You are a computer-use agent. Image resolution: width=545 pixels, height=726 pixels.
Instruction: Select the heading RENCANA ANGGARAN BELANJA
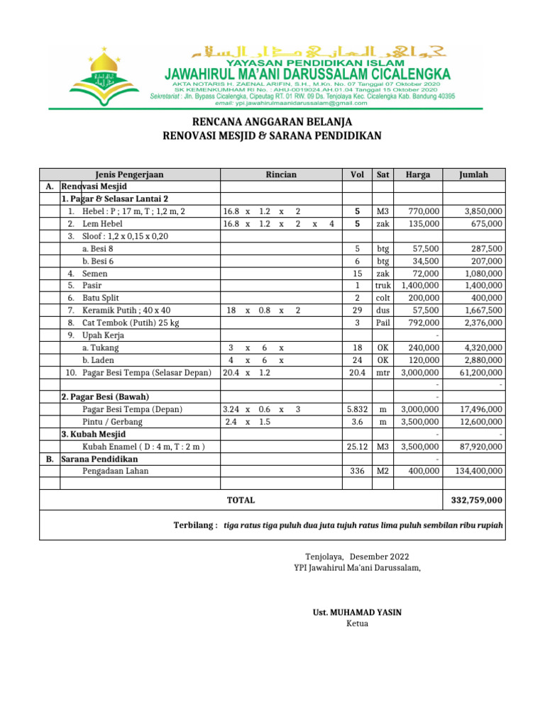coord(272,122)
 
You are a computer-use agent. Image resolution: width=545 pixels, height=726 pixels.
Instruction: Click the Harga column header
coord(418,174)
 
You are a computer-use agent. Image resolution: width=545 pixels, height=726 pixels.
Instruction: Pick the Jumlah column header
coord(473,174)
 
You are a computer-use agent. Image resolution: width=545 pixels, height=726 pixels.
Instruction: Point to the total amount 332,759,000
coord(477,501)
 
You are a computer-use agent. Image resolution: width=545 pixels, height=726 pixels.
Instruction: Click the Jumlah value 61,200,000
coord(480,372)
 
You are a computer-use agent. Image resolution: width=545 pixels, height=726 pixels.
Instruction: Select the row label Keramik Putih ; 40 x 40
coord(126,311)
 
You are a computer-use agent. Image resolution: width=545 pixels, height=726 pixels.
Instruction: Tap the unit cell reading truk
coord(383,285)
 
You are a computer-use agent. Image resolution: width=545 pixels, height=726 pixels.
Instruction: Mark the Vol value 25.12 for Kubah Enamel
coord(358,447)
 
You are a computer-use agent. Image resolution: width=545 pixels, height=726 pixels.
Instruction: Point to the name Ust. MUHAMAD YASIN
coord(357,612)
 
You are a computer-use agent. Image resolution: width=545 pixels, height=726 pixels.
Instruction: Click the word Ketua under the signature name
coord(357,624)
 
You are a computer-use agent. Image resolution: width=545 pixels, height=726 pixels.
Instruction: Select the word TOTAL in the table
coord(241,501)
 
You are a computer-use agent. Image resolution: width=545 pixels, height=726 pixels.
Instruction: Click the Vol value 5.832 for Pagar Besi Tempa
coord(358,409)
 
